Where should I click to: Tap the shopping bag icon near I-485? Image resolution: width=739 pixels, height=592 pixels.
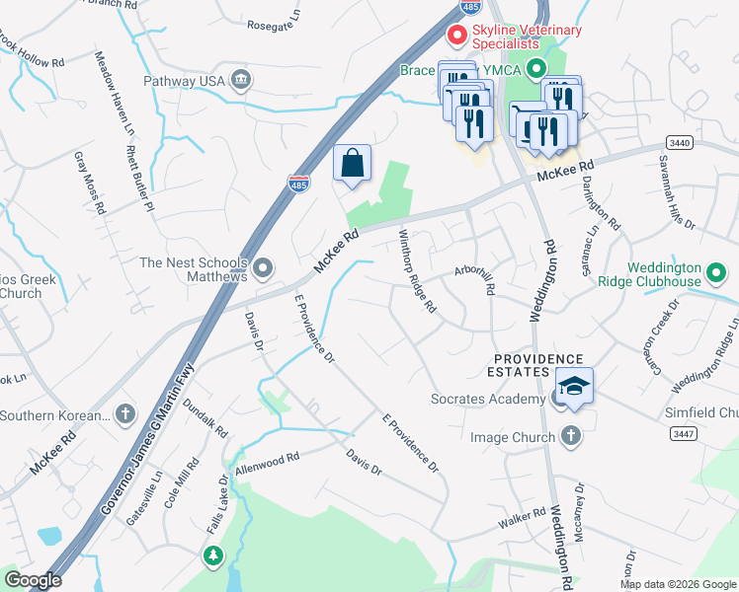[353, 164]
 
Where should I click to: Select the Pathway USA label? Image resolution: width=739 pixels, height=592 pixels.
[185, 80]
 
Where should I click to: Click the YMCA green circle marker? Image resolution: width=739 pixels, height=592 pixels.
[536, 69]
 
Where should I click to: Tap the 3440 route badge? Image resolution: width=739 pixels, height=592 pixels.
[678, 143]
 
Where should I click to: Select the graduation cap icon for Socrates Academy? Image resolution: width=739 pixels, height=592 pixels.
[573, 387]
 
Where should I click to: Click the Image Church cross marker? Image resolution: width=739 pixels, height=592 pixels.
[569, 435]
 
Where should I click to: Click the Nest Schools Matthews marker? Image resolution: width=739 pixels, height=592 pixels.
[263, 267]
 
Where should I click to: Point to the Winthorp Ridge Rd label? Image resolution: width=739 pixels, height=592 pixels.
[417, 271]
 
